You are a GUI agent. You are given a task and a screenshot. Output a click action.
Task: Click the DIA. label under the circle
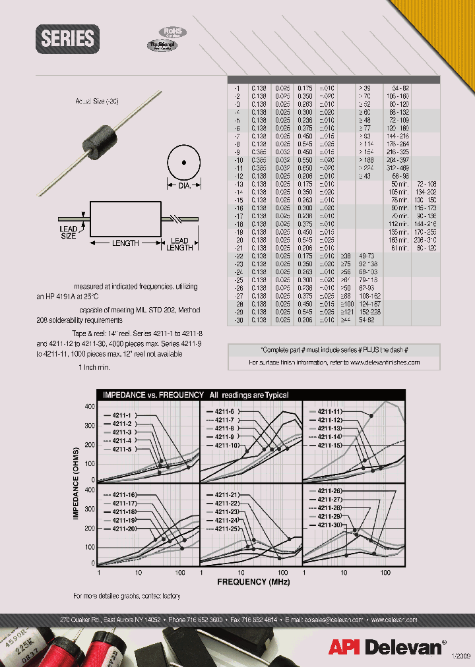[x=185, y=187]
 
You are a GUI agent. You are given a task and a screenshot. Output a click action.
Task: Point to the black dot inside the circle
[x=185, y=161]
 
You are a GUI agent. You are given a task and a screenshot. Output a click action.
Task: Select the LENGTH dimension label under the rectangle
[x=125, y=243]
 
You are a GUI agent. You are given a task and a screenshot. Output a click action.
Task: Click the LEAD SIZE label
[x=69, y=233]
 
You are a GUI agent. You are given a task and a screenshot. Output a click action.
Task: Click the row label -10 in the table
[x=238, y=159]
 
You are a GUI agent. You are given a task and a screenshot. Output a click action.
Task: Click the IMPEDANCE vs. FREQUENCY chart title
[x=195, y=395]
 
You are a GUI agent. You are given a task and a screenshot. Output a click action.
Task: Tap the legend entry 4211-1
[x=121, y=415]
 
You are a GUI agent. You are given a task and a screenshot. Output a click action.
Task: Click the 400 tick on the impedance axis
[x=90, y=407]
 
